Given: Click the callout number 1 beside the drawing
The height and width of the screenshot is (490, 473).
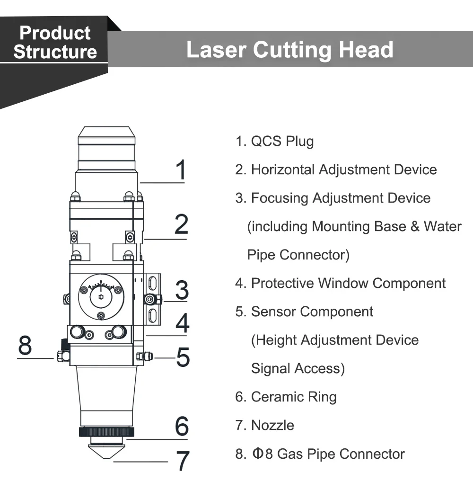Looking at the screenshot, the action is point(181,169).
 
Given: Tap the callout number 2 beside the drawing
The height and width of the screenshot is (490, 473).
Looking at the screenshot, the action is point(181,224).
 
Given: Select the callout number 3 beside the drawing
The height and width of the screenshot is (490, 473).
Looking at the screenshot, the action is point(182,290).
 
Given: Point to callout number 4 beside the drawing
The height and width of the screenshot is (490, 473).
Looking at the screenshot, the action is point(182,323).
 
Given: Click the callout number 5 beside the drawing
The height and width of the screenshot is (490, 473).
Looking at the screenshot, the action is point(183,357).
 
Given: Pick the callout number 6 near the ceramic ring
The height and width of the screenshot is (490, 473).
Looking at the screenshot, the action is point(182,426).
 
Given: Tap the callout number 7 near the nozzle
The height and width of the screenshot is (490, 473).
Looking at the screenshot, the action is point(183,460).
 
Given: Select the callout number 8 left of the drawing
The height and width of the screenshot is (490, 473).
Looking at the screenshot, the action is point(25,345).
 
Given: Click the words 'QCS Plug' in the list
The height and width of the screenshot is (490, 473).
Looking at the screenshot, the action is point(282,141).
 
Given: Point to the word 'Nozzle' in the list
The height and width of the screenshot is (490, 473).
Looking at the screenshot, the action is point(272,425).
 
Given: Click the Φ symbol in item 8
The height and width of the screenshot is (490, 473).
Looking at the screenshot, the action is point(258,454).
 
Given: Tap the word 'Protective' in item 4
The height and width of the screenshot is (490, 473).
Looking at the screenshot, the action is point(282,283).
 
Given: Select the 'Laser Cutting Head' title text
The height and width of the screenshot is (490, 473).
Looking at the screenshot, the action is point(290,50).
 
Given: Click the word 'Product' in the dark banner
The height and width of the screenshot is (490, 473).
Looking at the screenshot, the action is point(55,33).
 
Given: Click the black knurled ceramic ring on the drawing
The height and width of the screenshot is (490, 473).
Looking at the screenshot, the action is point(106,432).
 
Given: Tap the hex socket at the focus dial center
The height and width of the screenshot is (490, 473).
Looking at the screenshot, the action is point(101,297).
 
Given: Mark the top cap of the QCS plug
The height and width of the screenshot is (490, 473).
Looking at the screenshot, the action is point(106,135).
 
